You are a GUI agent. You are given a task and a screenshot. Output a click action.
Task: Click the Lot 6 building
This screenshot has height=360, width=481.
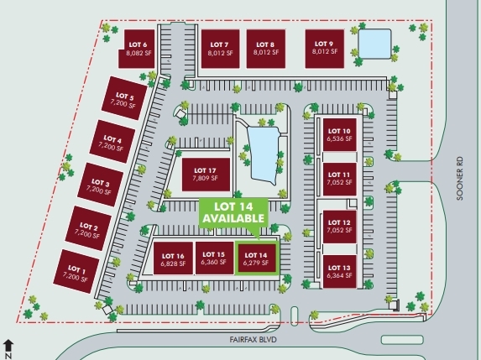pyautogui.click(x=137, y=49)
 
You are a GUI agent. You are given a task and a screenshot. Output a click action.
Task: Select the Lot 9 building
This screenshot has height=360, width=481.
pyautogui.click(x=325, y=49)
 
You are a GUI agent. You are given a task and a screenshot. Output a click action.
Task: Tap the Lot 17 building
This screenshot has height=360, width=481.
pyautogui.click(x=206, y=175)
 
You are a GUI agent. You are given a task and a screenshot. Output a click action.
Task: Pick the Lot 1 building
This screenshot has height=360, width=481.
pyautogui.click(x=76, y=271)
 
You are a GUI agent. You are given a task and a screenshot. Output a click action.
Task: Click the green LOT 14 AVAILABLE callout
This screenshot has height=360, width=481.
pyautogui.click(x=233, y=213)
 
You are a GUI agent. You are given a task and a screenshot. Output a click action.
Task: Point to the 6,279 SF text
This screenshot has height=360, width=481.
pyautogui.click(x=256, y=263)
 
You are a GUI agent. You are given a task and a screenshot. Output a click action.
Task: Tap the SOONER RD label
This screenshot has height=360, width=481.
pyautogui.click(x=459, y=179)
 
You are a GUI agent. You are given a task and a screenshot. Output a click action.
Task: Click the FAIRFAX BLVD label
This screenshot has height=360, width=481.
pyautogui.click(x=253, y=340)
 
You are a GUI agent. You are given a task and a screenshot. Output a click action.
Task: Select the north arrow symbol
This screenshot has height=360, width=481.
pyautogui.click(x=8, y=349)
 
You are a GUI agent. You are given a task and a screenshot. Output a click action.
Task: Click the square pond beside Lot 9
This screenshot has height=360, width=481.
pyautogui.click(x=375, y=44)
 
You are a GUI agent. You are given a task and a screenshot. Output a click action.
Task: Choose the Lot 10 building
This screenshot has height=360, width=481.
pyautogui.click(x=340, y=134)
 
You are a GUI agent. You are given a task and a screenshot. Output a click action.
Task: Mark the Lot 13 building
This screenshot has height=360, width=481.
pyautogui.click(x=340, y=272)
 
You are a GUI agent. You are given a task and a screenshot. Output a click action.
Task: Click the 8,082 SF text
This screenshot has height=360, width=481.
pyautogui.click(x=139, y=53)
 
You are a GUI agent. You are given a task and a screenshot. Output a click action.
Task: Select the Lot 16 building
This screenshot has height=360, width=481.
pyautogui.click(x=173, y=258)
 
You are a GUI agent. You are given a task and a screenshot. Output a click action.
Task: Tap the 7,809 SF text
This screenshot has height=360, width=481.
pyautogui.click(x=205, y=178)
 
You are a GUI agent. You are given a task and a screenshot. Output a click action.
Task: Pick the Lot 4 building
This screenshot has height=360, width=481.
pyautogui.click(x=112, y=142)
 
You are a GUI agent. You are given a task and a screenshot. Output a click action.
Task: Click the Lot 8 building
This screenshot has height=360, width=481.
pyautogui.click(x=266, y=49)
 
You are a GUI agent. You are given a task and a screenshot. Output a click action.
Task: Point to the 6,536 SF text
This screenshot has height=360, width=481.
pyautogui.click(x=339, y=138)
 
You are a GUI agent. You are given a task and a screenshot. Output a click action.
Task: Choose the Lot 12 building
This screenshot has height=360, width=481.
pyautogui.click(x=340, y=227)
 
